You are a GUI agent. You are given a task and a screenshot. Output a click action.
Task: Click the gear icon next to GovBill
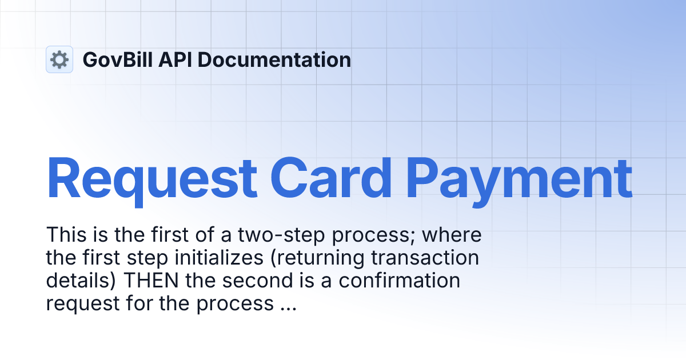[x=59, y=59]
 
